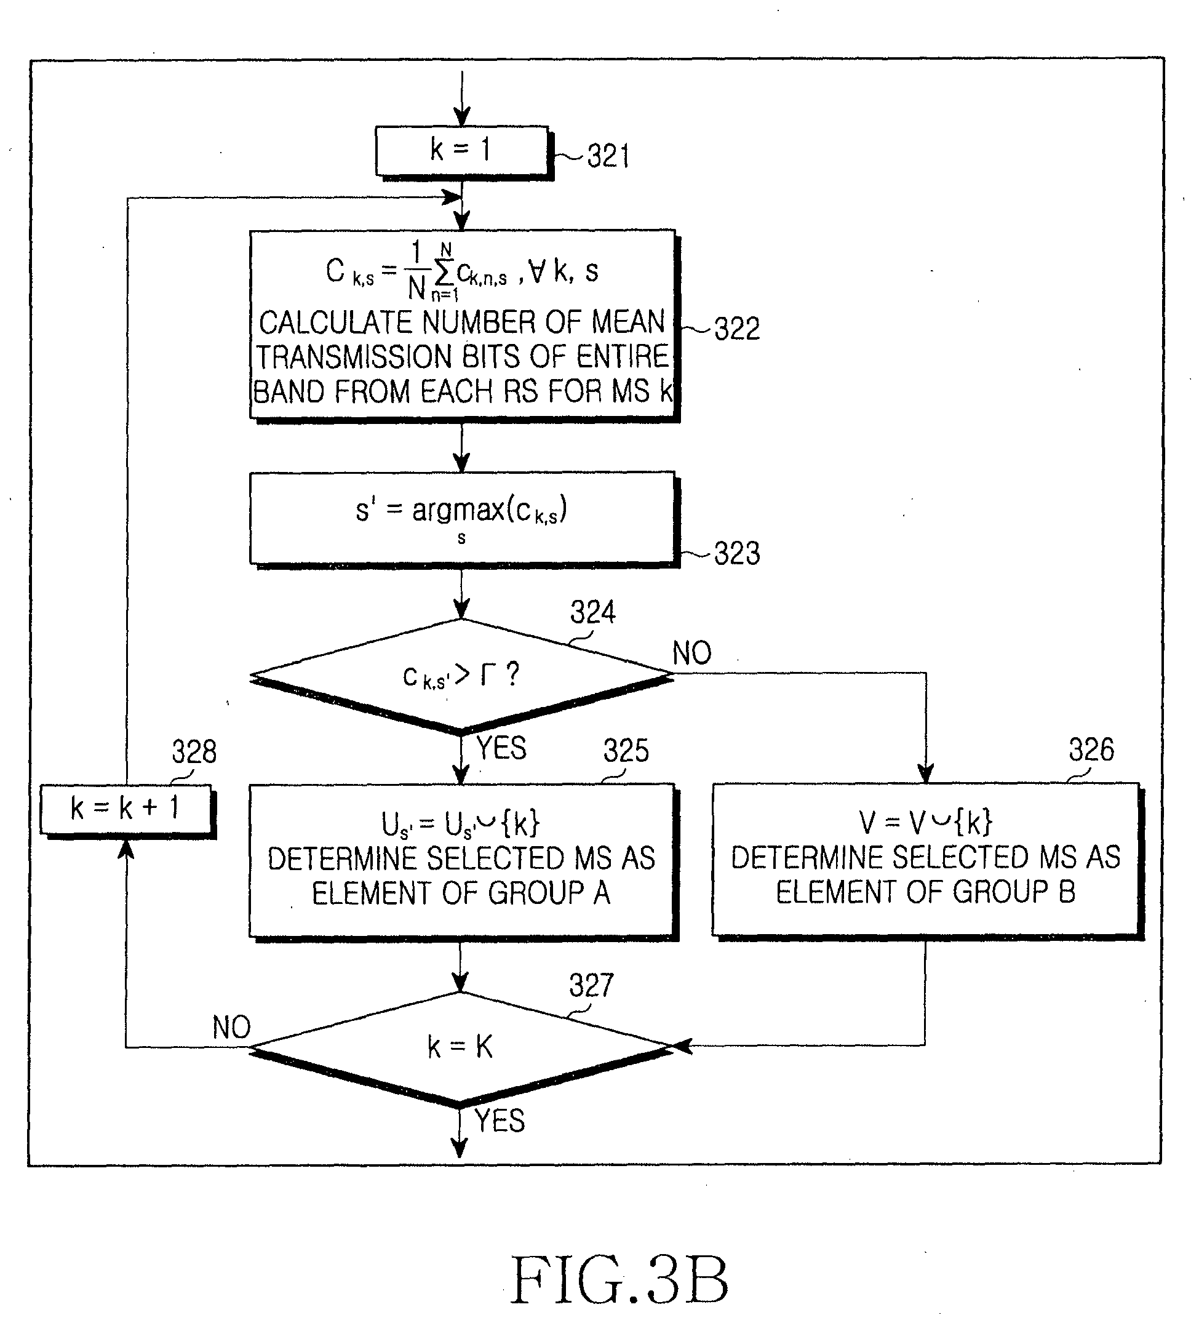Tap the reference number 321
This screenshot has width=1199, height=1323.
[x=608, y=156]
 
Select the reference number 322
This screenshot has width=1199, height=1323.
[x=737, y=329]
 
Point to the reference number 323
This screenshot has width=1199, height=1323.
[x=737, y=553]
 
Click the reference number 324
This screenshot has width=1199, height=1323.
[x=593, y=612]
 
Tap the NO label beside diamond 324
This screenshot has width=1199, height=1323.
[x=691, y=654]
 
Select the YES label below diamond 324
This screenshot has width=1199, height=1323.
[x=501, y=748]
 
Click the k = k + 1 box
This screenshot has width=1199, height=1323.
[x=127, y=810]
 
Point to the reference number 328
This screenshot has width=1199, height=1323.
[x=194, y=751]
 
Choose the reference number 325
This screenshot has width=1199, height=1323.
[x=626, y=750]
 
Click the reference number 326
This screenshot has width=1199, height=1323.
[x=1091, y=749]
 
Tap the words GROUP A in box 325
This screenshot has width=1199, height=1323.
[x=549, y=893]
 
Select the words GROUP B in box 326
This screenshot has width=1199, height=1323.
[x=1014, y=892]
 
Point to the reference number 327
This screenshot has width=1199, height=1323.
[x=591, y=985]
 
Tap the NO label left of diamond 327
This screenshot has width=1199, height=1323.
[x=231, y=1027]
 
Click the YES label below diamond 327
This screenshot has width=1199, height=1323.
[x=500, y=1121]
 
